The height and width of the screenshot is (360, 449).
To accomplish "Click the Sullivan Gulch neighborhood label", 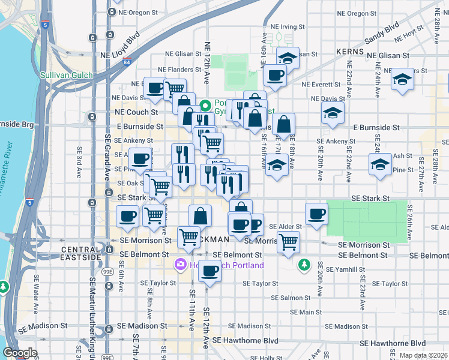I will tap(64, 76).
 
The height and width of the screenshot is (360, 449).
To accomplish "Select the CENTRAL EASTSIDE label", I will tap(80, 253).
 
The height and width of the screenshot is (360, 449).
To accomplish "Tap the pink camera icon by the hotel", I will tap(180, 264).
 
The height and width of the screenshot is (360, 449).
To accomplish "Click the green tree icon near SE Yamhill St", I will tap(305, 264).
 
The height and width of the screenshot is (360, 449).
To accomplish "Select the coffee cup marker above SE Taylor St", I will tap(209, 271).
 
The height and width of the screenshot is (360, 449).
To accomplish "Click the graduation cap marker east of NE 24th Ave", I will tap(402, 79).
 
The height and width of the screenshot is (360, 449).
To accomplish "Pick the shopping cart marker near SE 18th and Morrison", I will tap(289, 242).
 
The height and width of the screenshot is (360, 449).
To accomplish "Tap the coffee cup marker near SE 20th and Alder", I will tap(316, 214).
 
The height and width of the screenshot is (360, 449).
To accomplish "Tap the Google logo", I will tap(20, 353).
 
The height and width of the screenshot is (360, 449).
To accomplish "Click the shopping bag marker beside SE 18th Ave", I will tap(285, 124).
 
